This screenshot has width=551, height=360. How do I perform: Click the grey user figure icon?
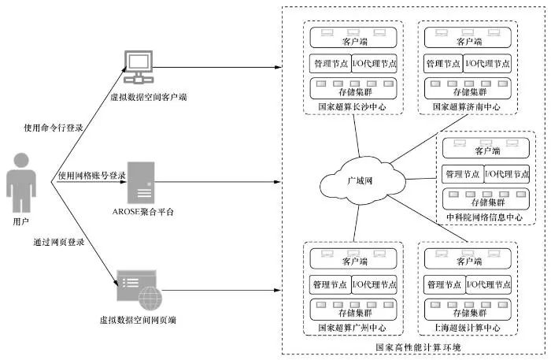pyautogui.click(x=21, y=183)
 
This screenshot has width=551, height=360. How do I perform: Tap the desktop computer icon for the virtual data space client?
pyautogui.click(x=139, y=67)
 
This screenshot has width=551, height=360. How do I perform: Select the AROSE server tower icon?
pyautogui.click(x=141, y=183)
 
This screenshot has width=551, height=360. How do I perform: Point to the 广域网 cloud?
pyautogui.click(x=362, y=181)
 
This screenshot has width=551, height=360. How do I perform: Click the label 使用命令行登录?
pyautogui.click(x=54, y=128)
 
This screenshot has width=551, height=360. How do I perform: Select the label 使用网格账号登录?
pyautogui.click(x=92, y=175)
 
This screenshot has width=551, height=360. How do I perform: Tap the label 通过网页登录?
pyautogui.click(x=59, y=242)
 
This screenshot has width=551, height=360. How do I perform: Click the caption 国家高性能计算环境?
pyautogui.click(x=418, y=347)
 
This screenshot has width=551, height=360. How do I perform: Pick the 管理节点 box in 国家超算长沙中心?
pyautogui.click(x=331, y=64)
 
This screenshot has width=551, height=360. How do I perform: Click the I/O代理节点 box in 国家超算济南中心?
pyautogui.click(x=487, y=64)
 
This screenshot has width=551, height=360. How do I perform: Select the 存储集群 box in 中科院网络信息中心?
pyautogui.click(x=486, y=199)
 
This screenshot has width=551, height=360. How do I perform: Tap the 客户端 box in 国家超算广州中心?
pyautogui.click(x=353, y=258)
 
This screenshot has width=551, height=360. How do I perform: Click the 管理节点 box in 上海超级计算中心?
pyautogui.click(x=445, y=284)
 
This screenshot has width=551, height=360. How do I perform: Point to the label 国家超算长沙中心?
pyautogui.click(x=352, y=107)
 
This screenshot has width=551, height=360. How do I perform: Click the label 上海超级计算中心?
pyautogui.click(x=468, y=328)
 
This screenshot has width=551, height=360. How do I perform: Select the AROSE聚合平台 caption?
pyautogui.click(x=143, y=212)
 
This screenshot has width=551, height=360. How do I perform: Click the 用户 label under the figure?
pyautogui.click(x=20, y=221)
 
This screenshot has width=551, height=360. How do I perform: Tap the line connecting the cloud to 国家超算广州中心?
pyautogui.click(x=357, y=223)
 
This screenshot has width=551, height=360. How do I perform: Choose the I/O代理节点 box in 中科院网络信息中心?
pyautogui.click(x=507, y=173)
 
